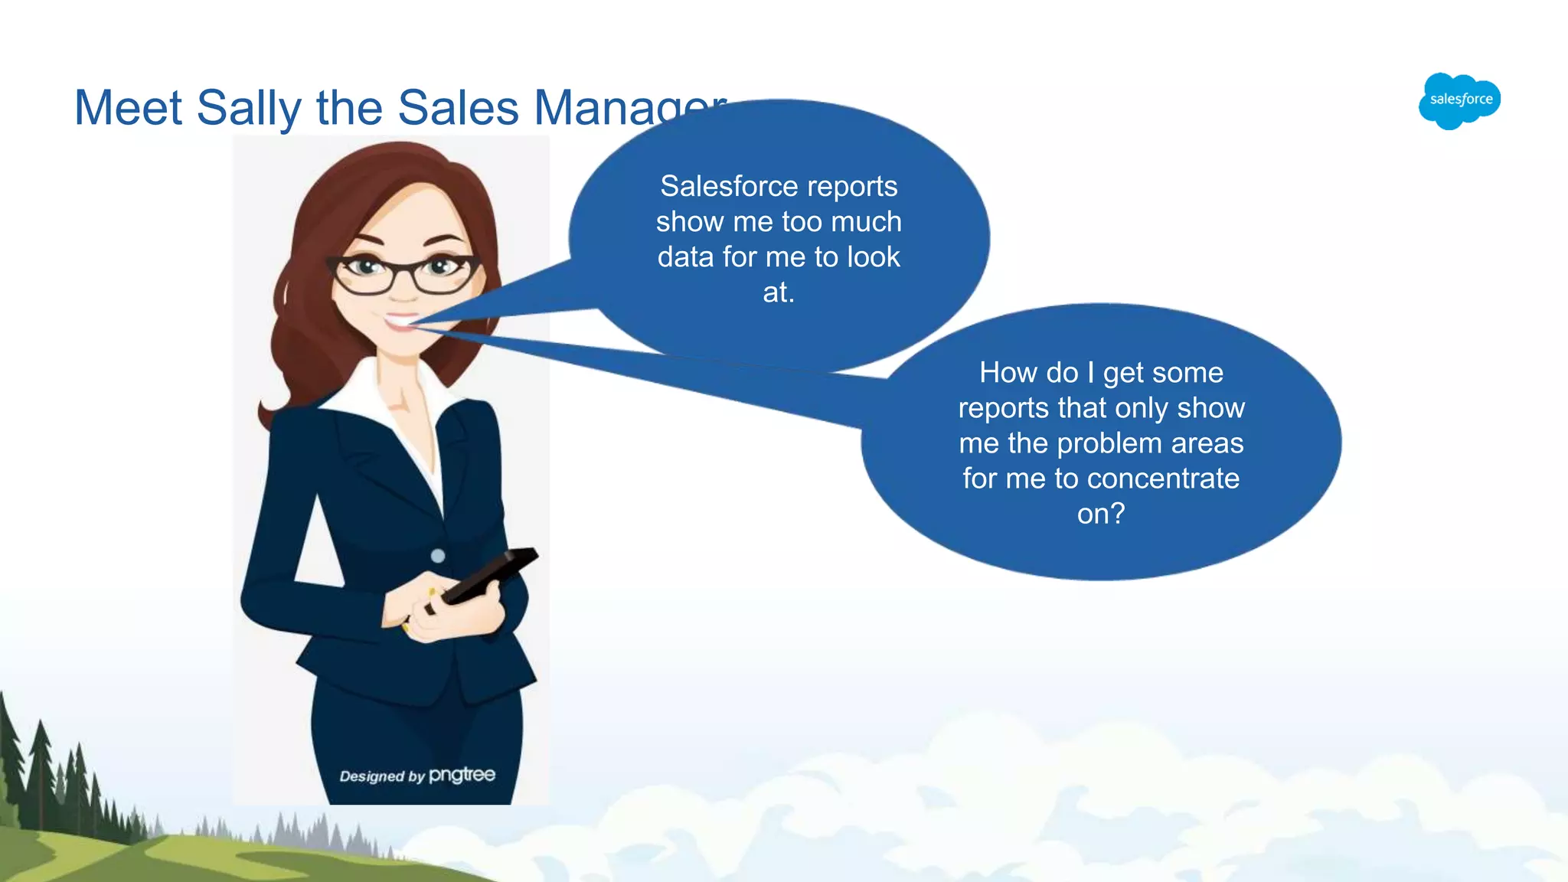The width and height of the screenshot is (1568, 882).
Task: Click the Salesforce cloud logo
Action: click(x=1459, y=100)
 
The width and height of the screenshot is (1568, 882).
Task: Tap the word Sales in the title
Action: click(x=458, y=108)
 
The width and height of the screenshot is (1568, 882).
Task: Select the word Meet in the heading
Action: click(x=128, y=108)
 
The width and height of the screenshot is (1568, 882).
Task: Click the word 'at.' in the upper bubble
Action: click(x=779, y=292)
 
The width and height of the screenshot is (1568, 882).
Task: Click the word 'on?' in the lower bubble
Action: click(x=1101, y=514)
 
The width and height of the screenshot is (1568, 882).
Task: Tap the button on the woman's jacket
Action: click(x=438, y=556)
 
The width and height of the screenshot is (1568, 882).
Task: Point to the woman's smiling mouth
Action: click(x=400, y=321)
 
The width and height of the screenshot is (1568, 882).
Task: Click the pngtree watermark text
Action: click(x=462, y=775)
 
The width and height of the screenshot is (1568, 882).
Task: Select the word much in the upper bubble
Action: click(x=866, y=221)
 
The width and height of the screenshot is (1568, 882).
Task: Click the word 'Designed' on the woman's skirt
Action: click(x=372, y=776)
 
